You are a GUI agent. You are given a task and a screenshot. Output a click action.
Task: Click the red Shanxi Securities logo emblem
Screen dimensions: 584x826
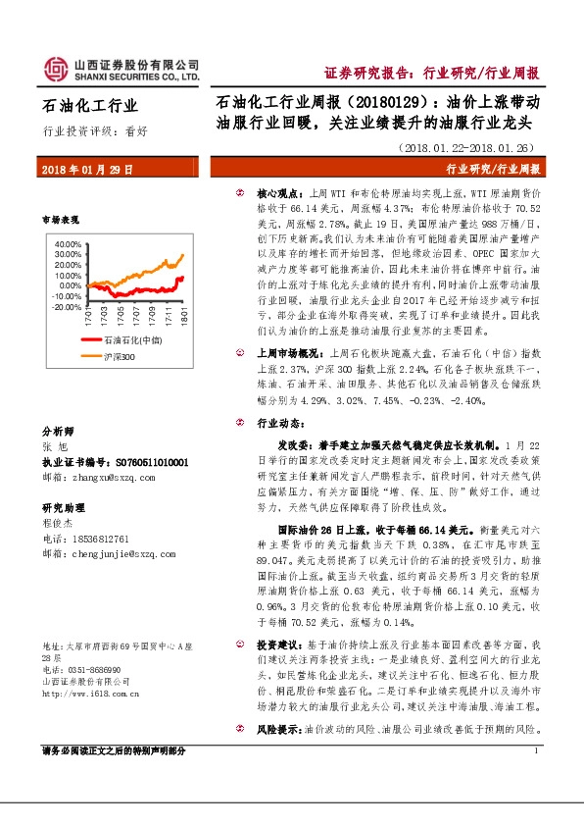[57, 67]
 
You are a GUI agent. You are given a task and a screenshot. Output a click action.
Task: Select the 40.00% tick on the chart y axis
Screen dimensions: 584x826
[70, 243]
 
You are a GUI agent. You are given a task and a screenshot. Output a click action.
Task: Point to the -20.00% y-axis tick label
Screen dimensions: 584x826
[69, 307]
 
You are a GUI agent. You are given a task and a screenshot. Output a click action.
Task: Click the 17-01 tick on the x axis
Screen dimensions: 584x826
[87, 319]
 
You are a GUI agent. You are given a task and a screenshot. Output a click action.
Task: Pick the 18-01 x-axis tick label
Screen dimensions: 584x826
[183, 319]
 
